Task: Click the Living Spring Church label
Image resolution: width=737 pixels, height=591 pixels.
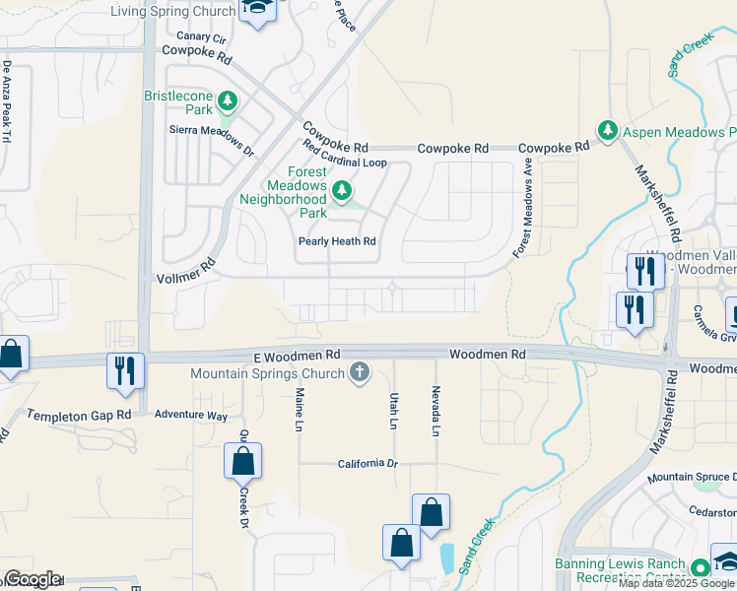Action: [x=173, y=11]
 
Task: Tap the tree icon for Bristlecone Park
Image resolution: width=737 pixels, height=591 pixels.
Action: [x=228, y=100]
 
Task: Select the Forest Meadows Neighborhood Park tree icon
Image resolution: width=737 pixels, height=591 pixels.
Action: [x=341, y=189]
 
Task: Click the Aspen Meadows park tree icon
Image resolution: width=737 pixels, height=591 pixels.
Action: [x=608, y=130]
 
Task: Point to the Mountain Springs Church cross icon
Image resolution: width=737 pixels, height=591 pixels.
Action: [x=360, y=372]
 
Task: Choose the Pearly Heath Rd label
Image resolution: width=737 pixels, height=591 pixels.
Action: [x=337, y=241]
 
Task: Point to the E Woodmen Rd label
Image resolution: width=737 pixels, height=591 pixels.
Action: [x=293, y=354]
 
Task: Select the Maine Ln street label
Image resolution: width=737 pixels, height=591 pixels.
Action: [x=299, y=409]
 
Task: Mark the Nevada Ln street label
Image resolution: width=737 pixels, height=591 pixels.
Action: [x=435, y=410]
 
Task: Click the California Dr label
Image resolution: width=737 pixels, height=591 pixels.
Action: [x=367, y=463]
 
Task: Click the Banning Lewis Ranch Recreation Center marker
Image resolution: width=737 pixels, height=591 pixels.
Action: [x=700, y=568]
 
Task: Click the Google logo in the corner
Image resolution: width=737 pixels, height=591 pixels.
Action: [x=33, y=579]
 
